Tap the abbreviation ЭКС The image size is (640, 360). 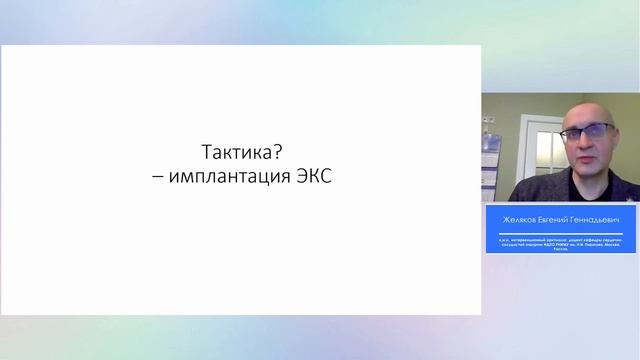point(309,177)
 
